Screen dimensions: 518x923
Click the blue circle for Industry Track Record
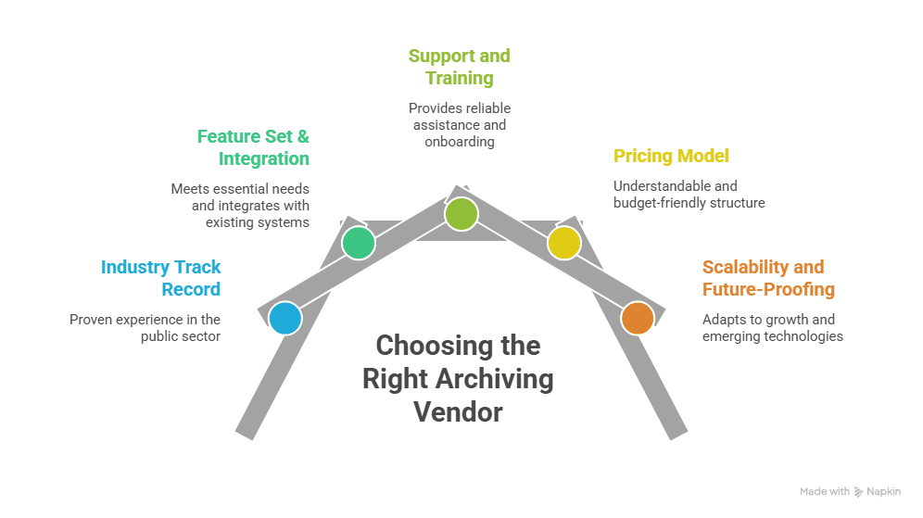(285, 318)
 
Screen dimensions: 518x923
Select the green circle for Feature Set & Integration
(358, 243)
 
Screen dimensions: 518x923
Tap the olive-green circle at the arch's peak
(461, 214)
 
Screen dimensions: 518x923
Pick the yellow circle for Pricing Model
(563, 243)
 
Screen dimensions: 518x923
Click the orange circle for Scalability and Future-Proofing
(637, 318)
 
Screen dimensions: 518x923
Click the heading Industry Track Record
(161, 278)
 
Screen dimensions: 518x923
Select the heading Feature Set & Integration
(253, 147)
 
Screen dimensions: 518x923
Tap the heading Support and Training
(459, 67)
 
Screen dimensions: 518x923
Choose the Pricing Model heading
(672, 156)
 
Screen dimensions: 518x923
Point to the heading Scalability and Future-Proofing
(768, 278)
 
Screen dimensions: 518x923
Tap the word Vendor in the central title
(458, 411)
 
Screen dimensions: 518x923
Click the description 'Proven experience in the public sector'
(145, 327)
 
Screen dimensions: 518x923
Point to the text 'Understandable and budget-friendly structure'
(689, 194)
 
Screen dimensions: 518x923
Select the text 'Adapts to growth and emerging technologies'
(772, 327)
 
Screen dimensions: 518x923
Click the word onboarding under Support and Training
(460, 142)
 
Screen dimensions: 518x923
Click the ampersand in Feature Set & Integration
(301, 136)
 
